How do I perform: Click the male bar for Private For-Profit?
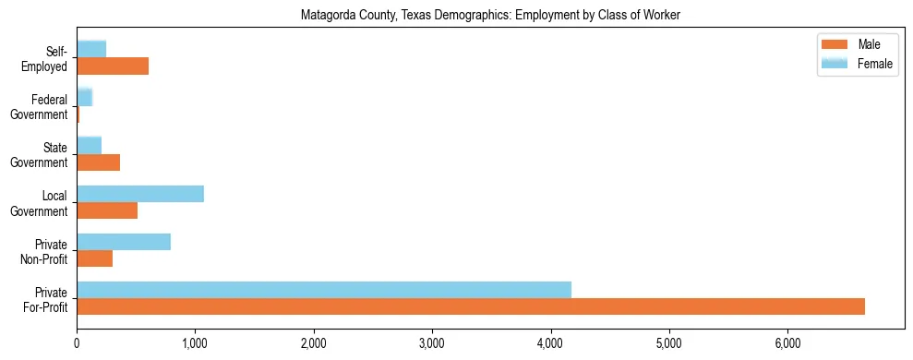pos(471,306)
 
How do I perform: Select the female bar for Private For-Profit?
pos(324,289)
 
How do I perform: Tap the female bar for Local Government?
pos(140,193)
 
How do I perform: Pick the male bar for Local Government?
pos(107,210)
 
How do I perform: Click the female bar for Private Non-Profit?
pos(124,242)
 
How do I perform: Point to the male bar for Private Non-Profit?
pos(95,259)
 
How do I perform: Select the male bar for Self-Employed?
pos(113,66)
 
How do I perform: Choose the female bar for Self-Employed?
pos(91,49)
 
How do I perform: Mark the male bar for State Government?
pos(99,162)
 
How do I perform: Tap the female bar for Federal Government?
pos(85,97)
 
